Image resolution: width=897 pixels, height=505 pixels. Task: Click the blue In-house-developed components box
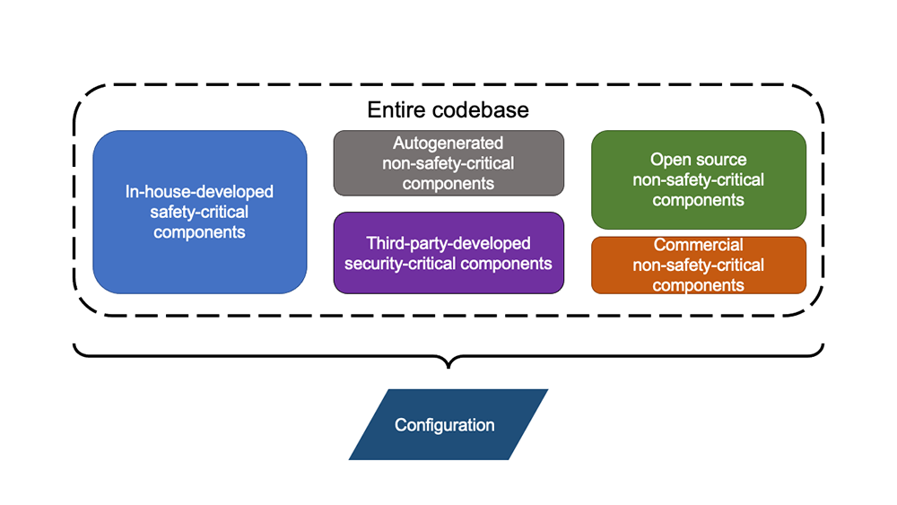coord(199,260)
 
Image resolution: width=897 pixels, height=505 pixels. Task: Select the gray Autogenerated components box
coord(448,162)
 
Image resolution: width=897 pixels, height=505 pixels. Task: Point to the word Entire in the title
coord(396,110)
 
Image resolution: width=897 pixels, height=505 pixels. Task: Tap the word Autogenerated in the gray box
coord(448,143)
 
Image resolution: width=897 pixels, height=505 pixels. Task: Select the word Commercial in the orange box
coord(698,245)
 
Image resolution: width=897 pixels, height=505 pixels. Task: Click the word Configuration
coord(445,424)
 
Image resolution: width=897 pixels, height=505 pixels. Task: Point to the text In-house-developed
coord(199,192)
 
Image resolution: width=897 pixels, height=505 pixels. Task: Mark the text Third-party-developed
coord(448,243)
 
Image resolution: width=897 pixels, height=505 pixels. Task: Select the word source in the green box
coord(722,160)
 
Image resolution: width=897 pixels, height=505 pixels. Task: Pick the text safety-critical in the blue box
coord(199,212)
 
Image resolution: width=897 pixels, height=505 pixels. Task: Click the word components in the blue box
coord(199,231)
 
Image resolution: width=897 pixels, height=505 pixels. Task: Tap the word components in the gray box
coord(448,183)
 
